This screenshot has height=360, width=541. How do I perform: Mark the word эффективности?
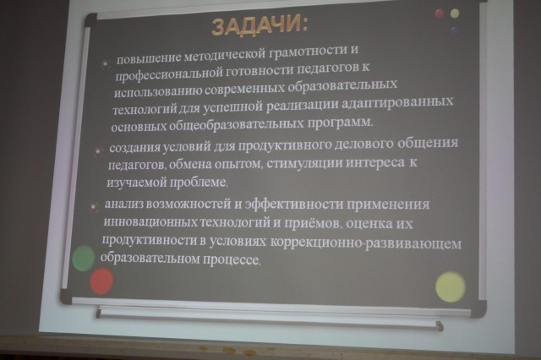293,205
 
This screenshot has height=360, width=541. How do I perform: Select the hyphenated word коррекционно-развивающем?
365,243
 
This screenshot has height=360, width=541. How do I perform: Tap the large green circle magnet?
84,259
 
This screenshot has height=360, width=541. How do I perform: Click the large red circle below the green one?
101,281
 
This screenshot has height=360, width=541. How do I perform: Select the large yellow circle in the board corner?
451,287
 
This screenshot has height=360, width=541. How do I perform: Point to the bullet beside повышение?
106,63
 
